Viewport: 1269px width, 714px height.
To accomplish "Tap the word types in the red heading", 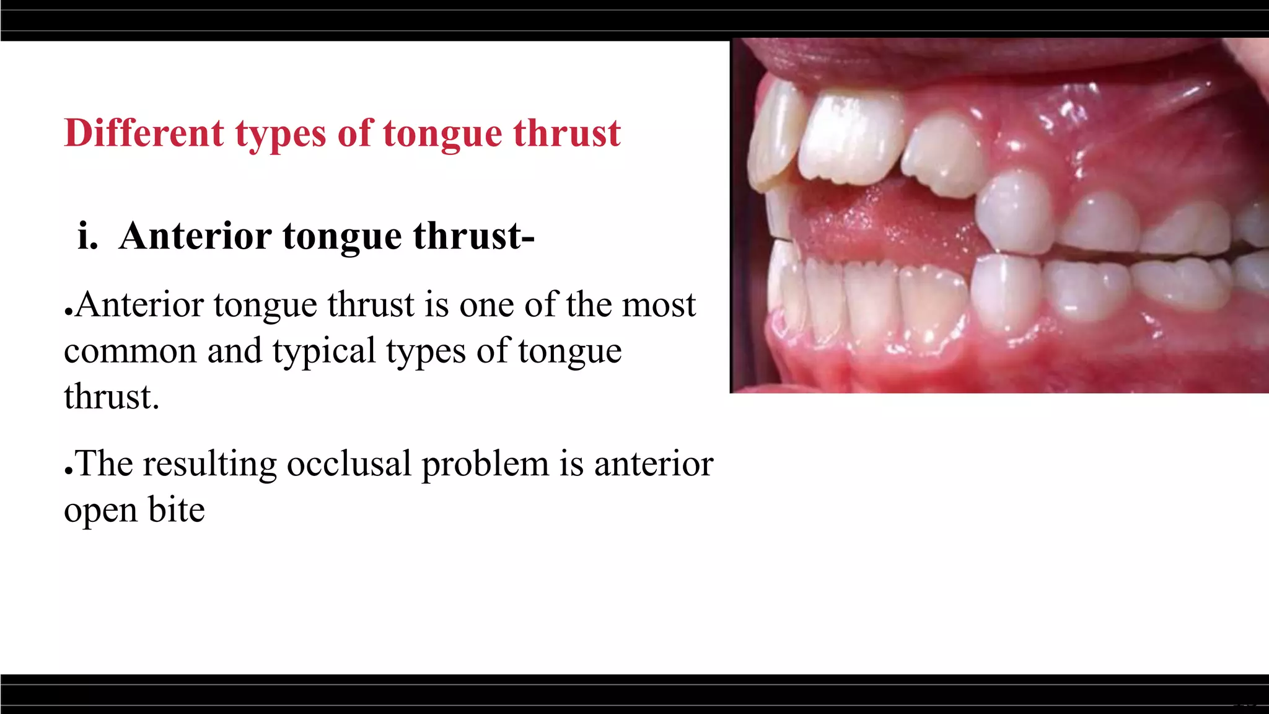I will tap(280, 134).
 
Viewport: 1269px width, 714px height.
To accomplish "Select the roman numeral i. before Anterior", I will tap(88, 236).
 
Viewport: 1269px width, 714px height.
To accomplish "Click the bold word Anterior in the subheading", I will tap(195, 236).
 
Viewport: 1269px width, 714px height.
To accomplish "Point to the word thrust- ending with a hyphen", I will tap(473, 236).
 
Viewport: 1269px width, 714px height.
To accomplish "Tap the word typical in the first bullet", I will tap(323, 351).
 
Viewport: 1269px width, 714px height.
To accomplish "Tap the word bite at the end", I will tap(177, 510).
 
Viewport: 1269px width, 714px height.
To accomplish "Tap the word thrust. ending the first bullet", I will tap(112, 397).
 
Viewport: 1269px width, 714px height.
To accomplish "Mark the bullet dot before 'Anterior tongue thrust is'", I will tap(69, 312).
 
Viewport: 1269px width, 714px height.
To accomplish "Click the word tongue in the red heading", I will tap(442, 134).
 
